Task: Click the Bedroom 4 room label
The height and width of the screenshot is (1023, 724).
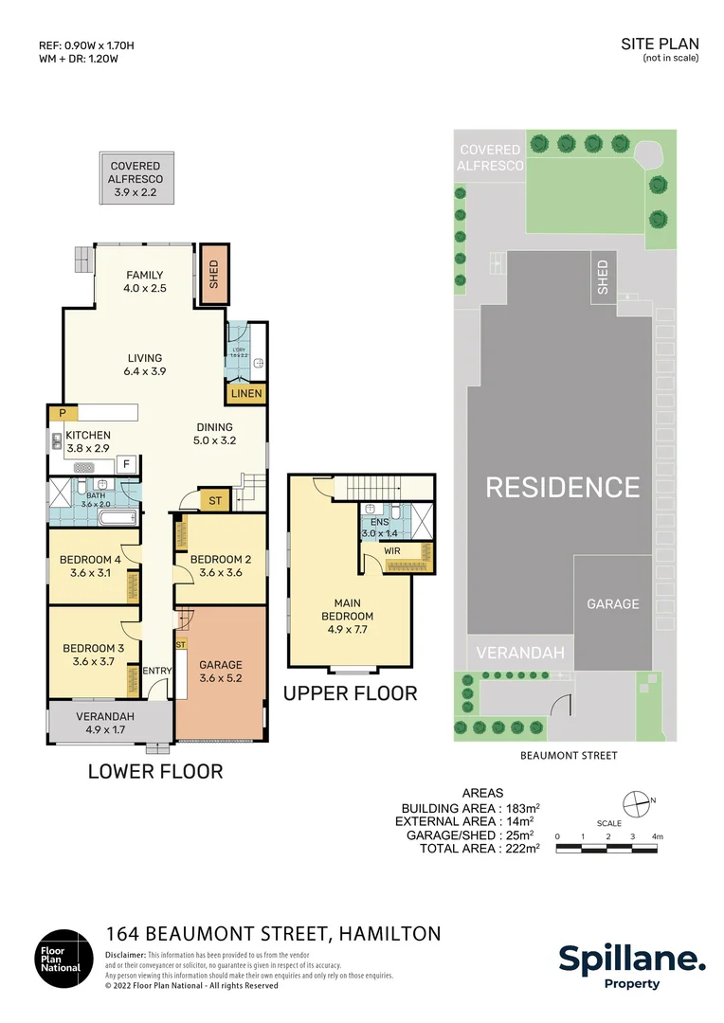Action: (89, 558)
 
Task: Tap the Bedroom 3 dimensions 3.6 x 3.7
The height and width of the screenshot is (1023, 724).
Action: (93, 661)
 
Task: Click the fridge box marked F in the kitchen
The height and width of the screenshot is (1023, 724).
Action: (125, 464)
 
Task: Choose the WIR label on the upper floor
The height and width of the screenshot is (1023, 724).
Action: (393, 549)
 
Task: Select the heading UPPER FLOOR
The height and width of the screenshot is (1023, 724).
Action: (350, 693)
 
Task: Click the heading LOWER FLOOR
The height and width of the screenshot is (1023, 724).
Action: (155, 771)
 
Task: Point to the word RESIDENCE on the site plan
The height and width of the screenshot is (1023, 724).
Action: (563, 487)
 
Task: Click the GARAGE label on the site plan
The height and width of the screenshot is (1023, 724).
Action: (612, 603)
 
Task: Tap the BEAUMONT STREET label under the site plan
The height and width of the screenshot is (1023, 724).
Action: (569, 755)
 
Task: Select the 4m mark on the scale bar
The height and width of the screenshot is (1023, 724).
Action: (657, 836)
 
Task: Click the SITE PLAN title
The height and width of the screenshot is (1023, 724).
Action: (660, 44)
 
